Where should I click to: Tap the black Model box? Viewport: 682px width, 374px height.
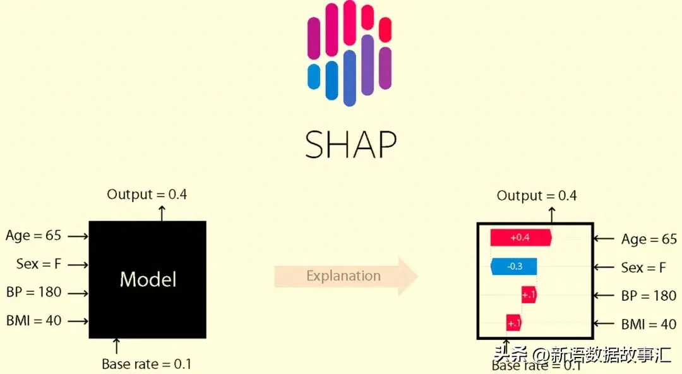pyautogui.click(x=147, y=279)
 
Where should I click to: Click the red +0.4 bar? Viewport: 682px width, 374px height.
pyautogui.click(x=521, y=238)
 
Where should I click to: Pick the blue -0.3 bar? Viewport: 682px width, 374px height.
pyautogui.click(x=514, y=266)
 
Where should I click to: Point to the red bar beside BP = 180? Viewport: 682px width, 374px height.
pyautogui.click(x=529, y=294)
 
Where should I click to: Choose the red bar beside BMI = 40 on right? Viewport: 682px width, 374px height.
pyautogui.click(x=513, y=323)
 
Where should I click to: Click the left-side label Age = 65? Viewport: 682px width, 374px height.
pyautogui.click(x=33, y=236)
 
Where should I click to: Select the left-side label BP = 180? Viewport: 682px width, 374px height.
pyautogui.click(x=34, y=293)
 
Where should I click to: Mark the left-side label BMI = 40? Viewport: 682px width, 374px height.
pyautogui.click(x=34, y=321)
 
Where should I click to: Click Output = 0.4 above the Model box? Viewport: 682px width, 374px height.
pyautogui.click(x=147, y=195)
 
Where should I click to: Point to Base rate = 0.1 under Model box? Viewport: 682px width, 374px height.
pyautogui.click(x=147, y=364)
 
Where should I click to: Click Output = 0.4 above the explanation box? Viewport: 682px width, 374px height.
pyautogui.click(x=537, y=196)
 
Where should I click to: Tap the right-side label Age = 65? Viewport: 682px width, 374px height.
pyautogui.click(x=649, y=239)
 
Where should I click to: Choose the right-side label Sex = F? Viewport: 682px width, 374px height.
pyautogui.click(x=643, y=268)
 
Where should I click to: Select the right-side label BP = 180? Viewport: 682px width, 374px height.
pyautogui.click(x=649, y=296)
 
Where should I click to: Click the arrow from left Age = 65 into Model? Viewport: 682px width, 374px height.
pyautogui.click(x=77, y=236)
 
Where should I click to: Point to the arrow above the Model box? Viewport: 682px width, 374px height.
pyautogui.click(x=162, y=212)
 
